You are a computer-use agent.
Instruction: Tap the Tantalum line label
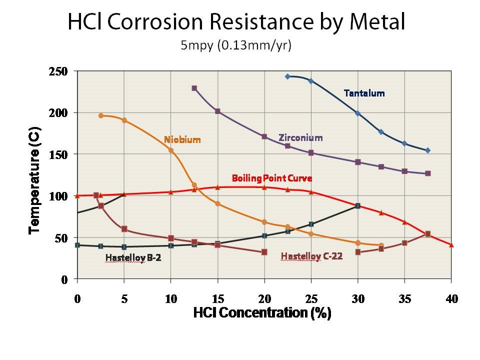coord(364,93)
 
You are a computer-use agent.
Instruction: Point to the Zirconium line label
coord(300,137)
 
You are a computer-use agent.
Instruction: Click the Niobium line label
coord(182,140)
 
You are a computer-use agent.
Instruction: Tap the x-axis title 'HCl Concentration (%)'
coord(262,313)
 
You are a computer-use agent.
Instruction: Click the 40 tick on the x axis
coord(451,299)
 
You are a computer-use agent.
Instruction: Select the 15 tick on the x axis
coord(217,299)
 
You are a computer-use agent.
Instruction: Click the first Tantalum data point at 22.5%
coord(287,76)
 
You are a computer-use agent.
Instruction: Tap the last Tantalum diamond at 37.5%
coord(428,150)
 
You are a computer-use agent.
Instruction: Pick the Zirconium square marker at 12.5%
coord(194,88)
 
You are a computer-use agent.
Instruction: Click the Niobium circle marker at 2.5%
coord(101,115)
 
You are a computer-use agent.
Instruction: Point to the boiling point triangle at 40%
coord(451,245)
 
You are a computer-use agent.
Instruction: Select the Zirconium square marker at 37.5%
coord(428,173)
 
